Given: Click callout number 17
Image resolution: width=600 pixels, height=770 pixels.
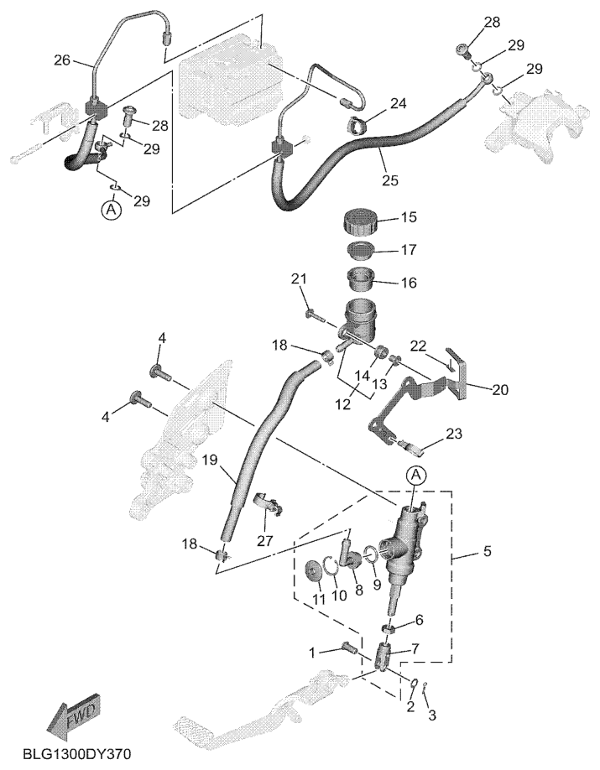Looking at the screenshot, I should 408,250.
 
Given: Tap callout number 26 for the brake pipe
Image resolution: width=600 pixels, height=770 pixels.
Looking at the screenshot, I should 63,60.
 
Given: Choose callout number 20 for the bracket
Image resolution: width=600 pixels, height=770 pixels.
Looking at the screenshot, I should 500,389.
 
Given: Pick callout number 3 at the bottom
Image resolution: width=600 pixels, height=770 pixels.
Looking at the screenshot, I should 433,715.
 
